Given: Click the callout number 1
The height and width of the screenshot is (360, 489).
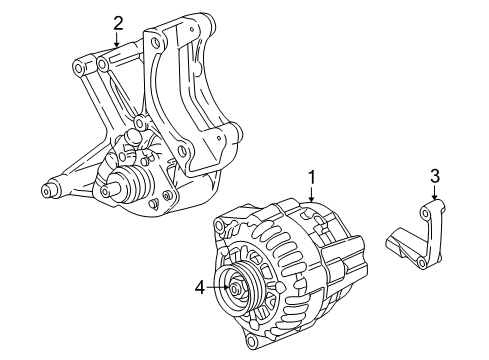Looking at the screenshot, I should point(312,177).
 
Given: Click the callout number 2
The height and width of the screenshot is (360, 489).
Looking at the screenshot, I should point(118,21).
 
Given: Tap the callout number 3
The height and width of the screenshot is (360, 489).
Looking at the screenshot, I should point(434,177).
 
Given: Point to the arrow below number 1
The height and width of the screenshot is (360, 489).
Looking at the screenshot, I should point(312,196).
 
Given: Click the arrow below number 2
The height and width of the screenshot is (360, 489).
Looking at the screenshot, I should point(118,40).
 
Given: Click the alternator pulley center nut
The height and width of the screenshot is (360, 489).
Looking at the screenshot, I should point(237,290).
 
